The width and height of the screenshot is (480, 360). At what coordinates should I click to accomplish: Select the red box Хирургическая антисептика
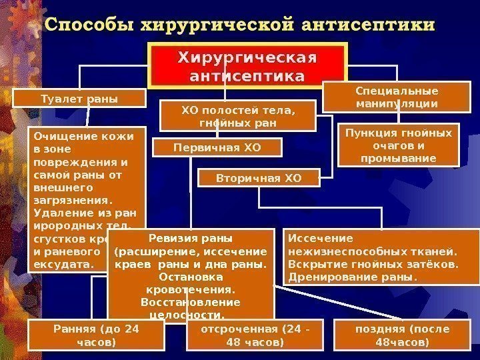coord(248,67)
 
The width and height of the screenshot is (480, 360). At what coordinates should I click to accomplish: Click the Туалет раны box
coord(79,99)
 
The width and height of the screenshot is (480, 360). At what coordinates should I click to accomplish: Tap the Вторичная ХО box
coord(259,178)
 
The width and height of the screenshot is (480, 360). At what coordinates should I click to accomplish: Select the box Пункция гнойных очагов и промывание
coord(399,145)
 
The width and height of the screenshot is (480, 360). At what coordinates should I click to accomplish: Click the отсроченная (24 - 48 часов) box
coord(251,335)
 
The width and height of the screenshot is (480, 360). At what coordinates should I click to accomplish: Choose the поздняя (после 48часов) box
coord(411,335)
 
